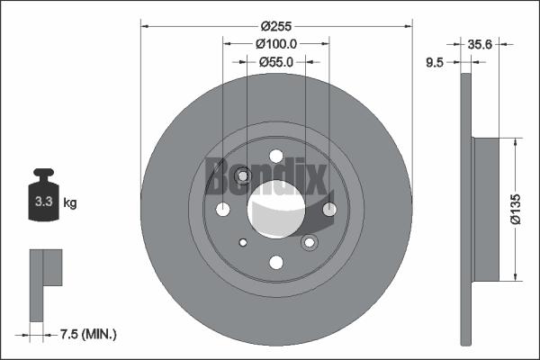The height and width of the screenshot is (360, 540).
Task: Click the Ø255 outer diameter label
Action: pos(276,27)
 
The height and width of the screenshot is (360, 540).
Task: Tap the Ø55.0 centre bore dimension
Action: pos(276,63)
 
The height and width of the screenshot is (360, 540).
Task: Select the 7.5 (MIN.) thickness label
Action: pos(86,334)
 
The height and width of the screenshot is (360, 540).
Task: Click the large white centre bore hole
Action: pos(276,209)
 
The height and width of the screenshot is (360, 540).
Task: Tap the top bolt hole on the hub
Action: pos(276,156)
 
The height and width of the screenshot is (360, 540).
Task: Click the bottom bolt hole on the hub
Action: pos(276,262)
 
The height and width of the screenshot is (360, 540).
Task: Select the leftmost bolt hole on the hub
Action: pos(223,210)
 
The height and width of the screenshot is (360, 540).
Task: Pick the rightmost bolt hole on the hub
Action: pos(329,210)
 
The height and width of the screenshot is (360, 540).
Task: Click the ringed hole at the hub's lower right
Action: pos(310,241)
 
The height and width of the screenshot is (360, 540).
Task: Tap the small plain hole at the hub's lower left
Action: pos(242,242)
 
